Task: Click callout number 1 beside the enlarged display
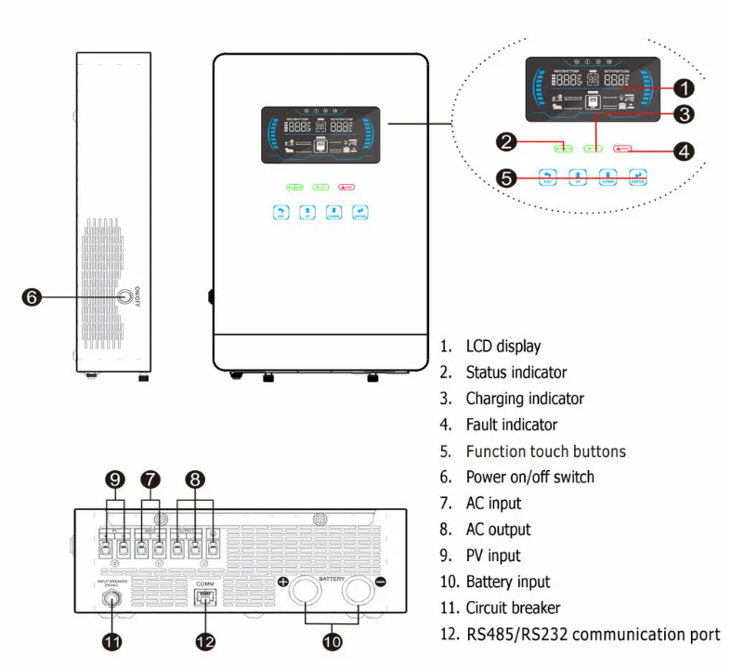tap(683, 88)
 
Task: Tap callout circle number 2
tap(506, 142)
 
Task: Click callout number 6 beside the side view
tap(31, 297)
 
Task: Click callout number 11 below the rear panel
tap(112, 641)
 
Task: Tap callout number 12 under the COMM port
tap(205, 641)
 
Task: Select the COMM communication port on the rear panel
tap(205, 597)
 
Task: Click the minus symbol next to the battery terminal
tap(381, 582)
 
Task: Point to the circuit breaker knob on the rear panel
tap(112, 599)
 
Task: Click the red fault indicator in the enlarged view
tap(623, 149)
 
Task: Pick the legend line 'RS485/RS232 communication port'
tap(592, 635)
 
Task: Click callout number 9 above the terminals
tap(115, 479)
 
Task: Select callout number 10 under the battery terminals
tap(332, 641)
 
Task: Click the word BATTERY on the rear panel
tap(331, 579)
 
